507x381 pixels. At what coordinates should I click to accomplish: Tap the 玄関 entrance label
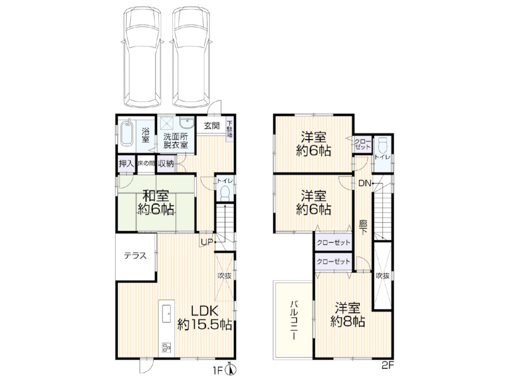212,125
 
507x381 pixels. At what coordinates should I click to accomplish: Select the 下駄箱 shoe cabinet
230,130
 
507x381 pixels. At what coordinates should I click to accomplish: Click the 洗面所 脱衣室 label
175,140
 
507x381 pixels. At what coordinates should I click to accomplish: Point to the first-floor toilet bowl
225,194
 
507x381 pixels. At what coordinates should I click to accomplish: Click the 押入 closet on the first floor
126,164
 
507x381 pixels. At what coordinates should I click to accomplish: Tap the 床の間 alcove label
146,164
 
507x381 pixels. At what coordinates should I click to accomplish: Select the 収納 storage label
166,164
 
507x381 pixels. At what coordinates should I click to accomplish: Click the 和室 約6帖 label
156,203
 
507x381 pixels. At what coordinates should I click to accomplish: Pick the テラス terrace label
135,256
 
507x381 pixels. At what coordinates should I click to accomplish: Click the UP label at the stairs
207,242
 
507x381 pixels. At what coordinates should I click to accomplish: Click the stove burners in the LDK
166,347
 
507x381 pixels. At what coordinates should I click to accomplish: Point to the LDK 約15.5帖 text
205,317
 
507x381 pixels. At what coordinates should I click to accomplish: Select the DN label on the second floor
365,183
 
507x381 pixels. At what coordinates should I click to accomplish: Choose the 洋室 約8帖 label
348,314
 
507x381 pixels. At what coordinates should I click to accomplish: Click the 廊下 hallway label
363,228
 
